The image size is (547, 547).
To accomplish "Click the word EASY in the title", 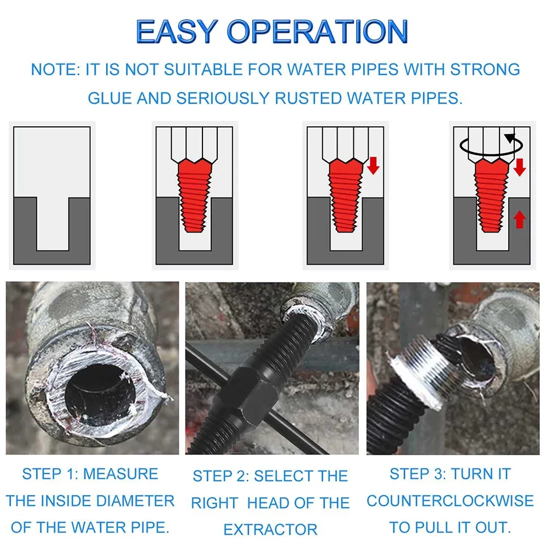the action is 177,31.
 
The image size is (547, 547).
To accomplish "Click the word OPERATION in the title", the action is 317,31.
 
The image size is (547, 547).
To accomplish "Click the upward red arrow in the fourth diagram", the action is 520,219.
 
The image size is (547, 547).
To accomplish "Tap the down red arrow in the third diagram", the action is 373,165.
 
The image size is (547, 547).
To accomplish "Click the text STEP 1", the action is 50,474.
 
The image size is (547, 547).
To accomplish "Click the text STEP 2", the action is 221,476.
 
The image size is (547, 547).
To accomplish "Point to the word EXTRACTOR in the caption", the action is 271,529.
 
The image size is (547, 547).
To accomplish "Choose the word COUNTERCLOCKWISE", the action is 450,501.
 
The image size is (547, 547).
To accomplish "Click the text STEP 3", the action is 417,474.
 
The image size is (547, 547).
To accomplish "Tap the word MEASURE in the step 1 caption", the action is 121,474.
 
